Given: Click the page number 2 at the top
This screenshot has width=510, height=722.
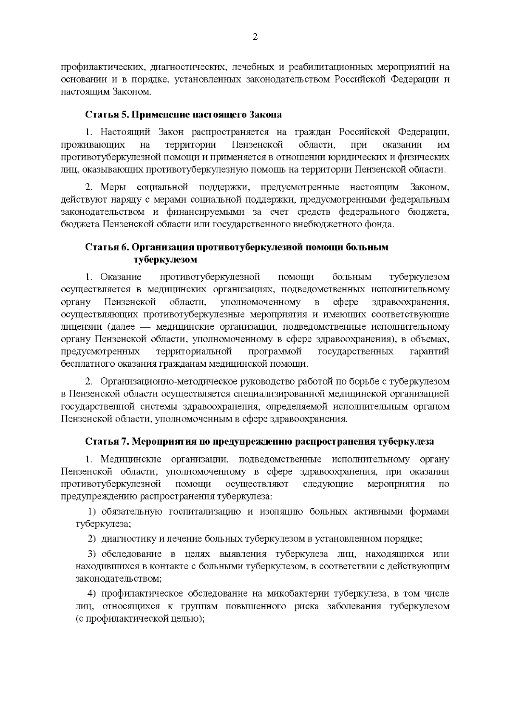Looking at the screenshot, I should coord(255,37).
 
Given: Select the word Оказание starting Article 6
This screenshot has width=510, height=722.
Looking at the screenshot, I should coord(121,277).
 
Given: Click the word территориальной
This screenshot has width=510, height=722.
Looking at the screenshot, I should coord(194,352).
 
